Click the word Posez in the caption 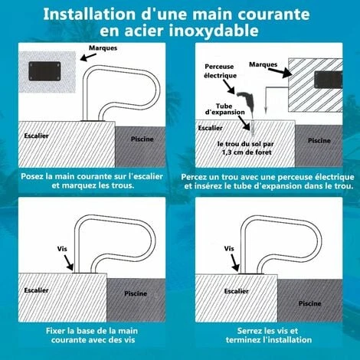35,175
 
